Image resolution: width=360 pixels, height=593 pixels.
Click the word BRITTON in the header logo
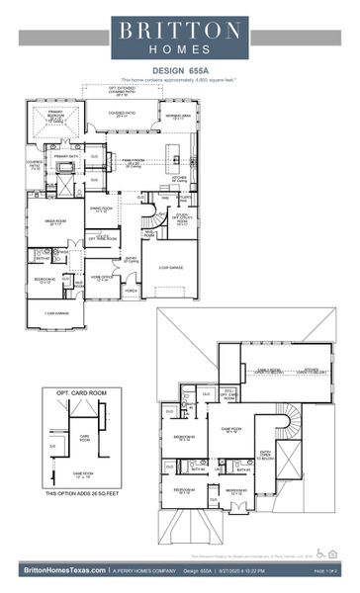[179, 29]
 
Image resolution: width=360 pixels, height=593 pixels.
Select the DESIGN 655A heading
[179, 70]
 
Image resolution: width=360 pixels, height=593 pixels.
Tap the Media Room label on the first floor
[55, 222]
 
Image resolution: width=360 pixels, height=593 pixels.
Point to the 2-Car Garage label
[169, 267]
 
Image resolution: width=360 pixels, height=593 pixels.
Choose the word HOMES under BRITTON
[179, 48]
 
